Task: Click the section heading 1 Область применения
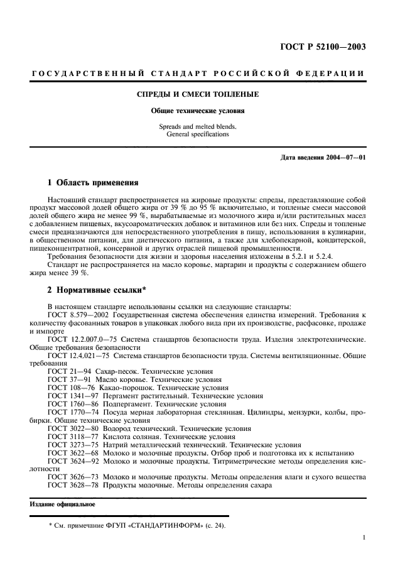tap(93, 183)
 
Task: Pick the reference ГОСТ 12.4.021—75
tap(78, 356)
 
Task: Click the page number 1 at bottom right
tap(364, 538)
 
